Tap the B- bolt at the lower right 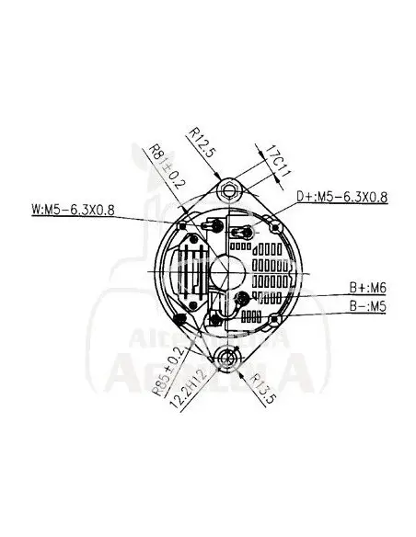275,319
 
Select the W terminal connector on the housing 215,225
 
